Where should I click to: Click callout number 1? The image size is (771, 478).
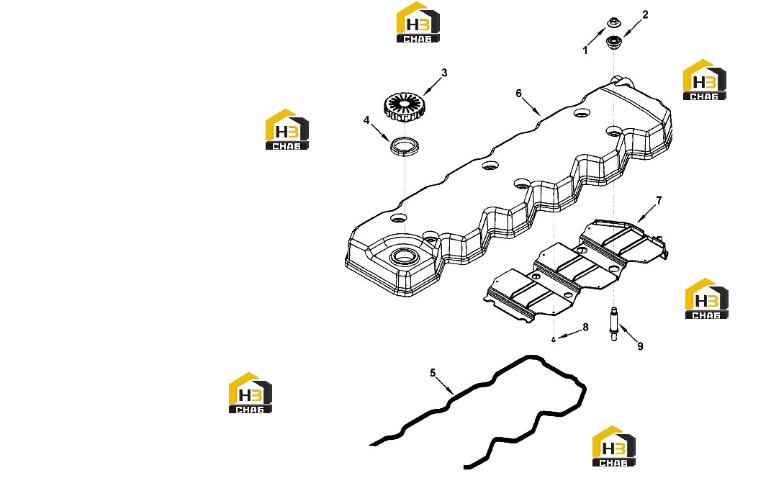pos(585,50)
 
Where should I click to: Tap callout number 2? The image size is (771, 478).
pos(645,14)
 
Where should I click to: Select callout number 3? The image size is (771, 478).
pos(444,73)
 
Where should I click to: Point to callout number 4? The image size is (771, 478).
pos(366,120)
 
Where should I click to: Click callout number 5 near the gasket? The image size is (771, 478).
pos(433,373)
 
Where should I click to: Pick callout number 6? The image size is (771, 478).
pos(518,93)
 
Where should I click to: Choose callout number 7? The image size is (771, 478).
pos(659,200)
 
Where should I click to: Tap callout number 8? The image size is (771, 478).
pos(585,327)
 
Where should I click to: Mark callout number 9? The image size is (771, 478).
pos(640,346)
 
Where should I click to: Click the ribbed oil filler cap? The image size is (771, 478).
pos(403,108)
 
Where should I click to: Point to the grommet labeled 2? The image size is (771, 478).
pos(613,42)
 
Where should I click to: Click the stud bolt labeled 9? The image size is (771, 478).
pos(613,323)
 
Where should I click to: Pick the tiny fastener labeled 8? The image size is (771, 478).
pos(553,339)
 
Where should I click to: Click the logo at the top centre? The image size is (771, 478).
pos(418,22)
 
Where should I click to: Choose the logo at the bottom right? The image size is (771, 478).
pos(613,446)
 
